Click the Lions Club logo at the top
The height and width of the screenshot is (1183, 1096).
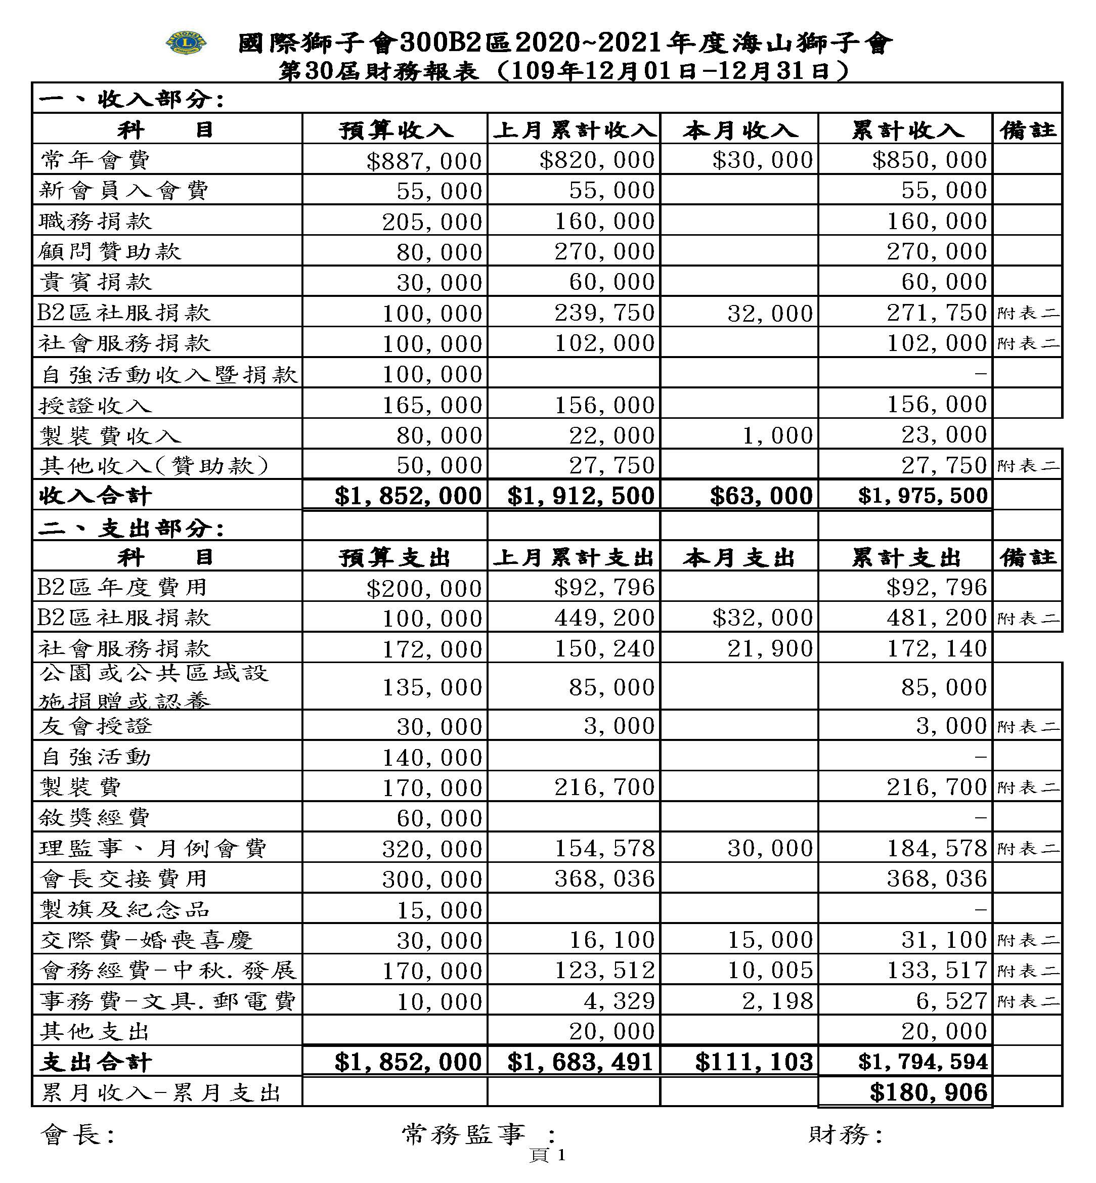click(185, 42)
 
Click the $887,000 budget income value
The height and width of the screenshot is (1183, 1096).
click(424, 161)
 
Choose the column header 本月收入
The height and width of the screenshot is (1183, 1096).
click(739, 130)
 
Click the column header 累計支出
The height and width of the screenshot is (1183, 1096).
click(906, 557)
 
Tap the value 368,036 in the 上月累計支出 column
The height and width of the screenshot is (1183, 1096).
click(604, 878)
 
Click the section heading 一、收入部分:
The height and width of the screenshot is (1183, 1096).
click(131, 99)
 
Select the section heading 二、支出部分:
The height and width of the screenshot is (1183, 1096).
click(131, 528)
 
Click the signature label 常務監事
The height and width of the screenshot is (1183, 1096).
click(463, 1134)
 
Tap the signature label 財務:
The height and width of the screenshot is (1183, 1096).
click(845, 1134)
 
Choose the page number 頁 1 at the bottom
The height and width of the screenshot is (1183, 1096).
click(547, 1155)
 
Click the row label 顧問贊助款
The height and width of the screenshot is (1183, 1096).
click(110, 251)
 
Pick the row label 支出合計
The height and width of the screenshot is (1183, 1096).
click(96, 1062)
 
